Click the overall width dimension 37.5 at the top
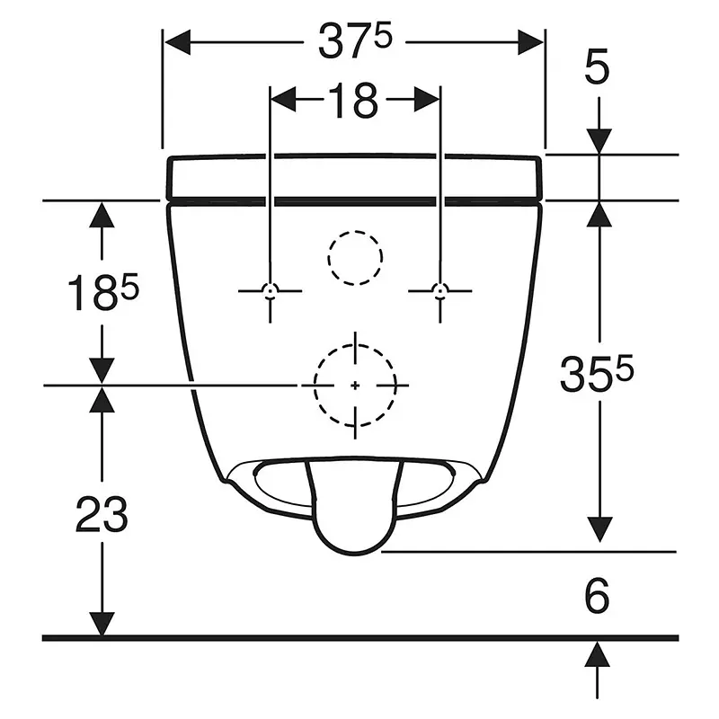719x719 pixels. pos(355,41)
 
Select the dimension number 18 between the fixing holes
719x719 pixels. pos(353,101)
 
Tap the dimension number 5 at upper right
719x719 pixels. pos(597,67)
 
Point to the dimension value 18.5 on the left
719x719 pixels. pos(103,291)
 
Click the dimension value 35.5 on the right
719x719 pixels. pos(597,374)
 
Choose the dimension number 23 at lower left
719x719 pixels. pos(102,514)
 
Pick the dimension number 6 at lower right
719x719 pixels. pos(597,596)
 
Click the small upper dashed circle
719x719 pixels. pos(355,258)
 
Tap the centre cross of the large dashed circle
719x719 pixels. pos(355,386)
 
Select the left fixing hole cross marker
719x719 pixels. pos(271,290)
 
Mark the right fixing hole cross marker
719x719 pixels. pos(440,290)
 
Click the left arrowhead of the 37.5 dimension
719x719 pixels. pos(177,42)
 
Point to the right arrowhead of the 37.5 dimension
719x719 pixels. pos(530,42)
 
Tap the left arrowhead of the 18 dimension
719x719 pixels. pos(283,99)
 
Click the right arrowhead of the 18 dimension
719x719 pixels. pos(427,99)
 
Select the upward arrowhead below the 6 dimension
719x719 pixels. pos(597,654)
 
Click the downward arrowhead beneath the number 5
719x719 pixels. pos(599,142)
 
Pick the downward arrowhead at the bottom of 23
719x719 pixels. pos(102,625)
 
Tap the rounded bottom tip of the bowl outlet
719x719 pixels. pos(355,554)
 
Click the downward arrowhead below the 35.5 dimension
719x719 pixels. pos(599,529)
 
